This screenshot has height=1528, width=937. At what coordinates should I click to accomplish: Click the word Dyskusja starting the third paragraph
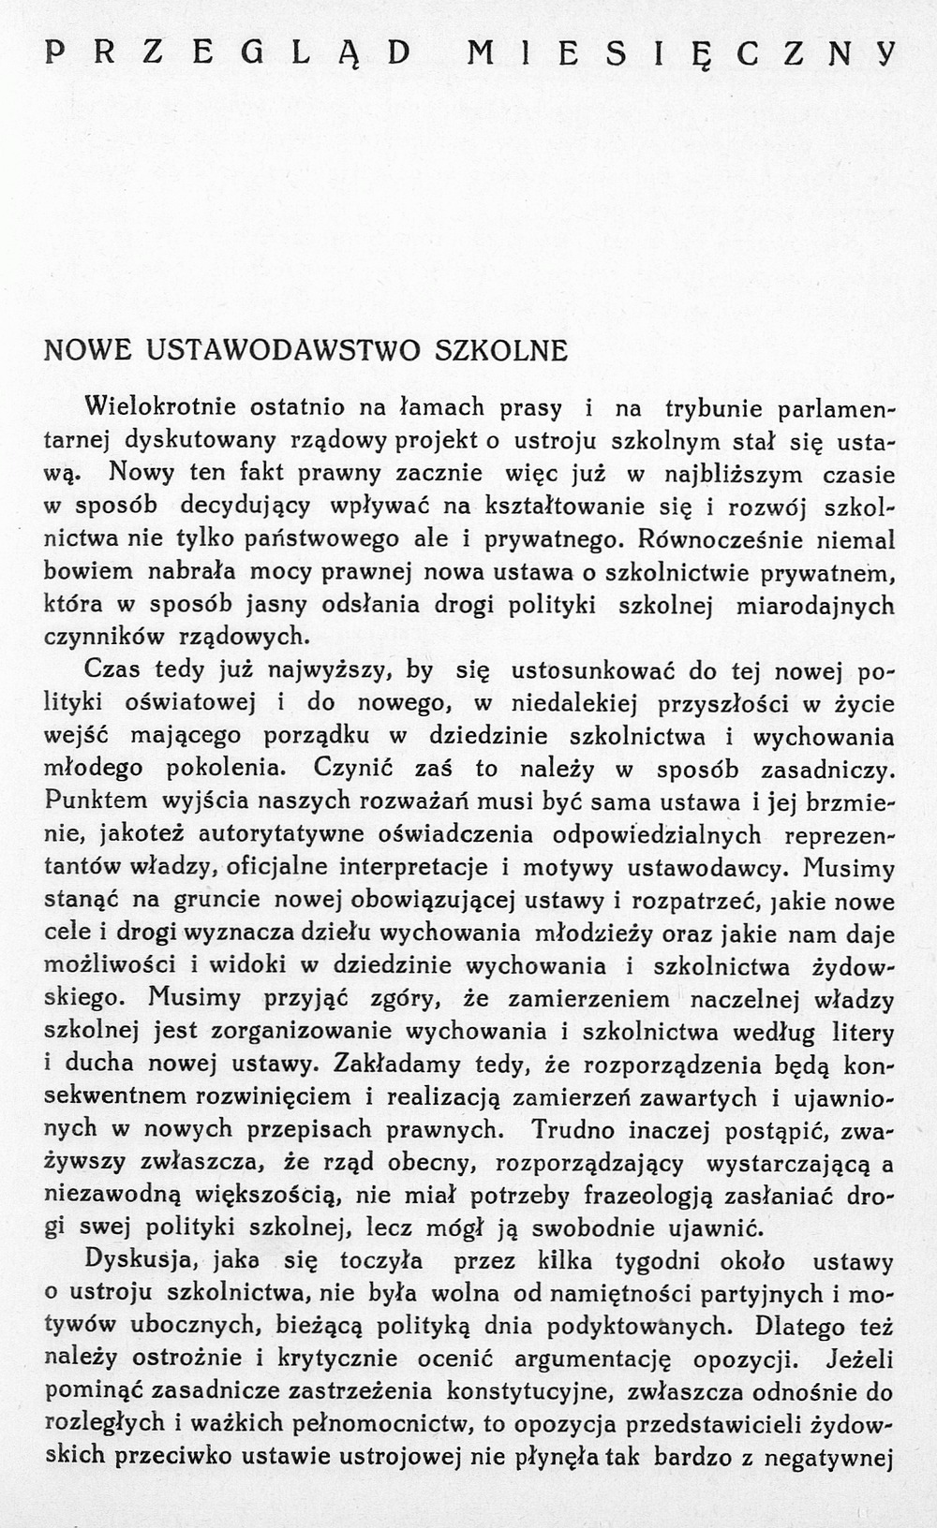[x=134, y=1261]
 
